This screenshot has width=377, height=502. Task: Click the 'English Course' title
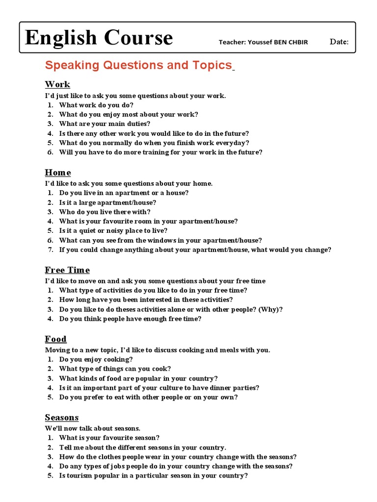click(x=99, y=38)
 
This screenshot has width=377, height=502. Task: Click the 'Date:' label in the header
click(x=339, y=42)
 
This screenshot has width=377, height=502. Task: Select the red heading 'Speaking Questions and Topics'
click(x=138, y=65)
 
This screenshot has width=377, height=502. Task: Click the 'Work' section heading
click(x=57, y=84)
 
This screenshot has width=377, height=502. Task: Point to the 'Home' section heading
click(x=58, y=173)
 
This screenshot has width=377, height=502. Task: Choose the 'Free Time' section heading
click(x=67, y=270)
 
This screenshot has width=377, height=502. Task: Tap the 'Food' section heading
click(x=55, y=339)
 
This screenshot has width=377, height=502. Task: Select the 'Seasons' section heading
click(x=62, y=418)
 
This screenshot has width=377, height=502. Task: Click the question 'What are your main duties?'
click(x=105, y=124)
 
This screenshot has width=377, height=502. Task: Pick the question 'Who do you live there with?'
click(x=105, y=212)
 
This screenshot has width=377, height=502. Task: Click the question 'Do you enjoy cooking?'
click(x=96, y=359)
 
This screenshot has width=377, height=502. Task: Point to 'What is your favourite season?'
click(x=109, y=438)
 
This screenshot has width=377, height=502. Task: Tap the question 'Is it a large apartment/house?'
click(x=108, y=202)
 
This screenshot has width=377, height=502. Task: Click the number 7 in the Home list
click(x=50, y=250)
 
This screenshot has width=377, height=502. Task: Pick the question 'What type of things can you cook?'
click(x=115, y=369)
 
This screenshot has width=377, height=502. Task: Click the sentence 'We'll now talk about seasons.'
click(x=93, y=428)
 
